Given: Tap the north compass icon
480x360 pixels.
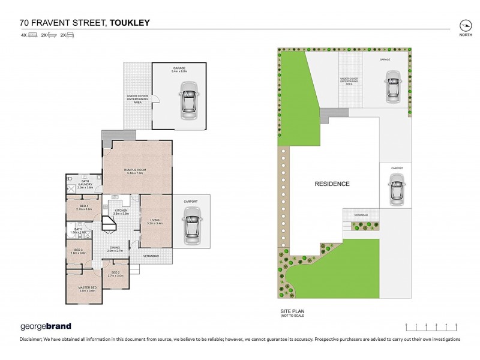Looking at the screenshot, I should pos(465,26).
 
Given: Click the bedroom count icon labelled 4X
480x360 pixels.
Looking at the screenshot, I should pos(28,35).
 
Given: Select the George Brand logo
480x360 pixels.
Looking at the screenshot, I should pos(46,326).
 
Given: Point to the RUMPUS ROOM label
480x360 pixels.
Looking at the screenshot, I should pos(137,171).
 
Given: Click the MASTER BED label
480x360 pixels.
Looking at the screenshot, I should pos(88,289).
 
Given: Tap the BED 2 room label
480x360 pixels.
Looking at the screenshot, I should pos(116,274).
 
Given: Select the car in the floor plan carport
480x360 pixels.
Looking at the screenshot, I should pos(191,221).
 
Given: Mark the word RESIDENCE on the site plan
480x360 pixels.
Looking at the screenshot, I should pos(332,184).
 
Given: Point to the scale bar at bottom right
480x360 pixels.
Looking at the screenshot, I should pos(431,326).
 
